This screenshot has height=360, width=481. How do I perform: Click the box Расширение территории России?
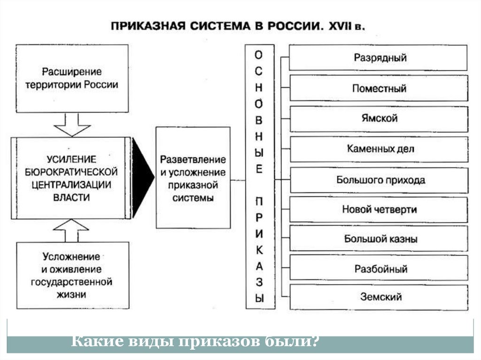coord(72,78)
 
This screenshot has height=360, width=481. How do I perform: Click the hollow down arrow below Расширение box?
coord(72,124)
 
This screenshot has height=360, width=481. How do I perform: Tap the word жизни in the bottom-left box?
coord(72,295)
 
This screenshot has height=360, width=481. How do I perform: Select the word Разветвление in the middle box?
coord(193,160)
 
